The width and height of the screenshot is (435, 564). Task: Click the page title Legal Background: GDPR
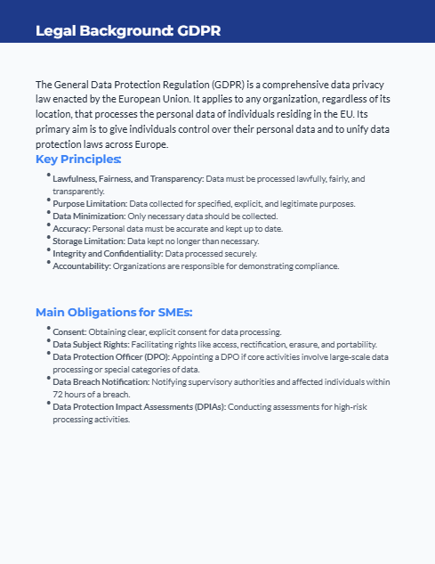coord(128,31)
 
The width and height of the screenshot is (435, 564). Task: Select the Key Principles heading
coord(78,159)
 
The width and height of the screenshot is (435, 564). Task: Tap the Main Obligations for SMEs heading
coord(114,313)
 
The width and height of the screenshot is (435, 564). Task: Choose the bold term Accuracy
coord(71,229)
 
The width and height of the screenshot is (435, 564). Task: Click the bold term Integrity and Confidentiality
coord(105,254)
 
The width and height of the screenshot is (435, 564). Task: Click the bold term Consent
coord(69,332)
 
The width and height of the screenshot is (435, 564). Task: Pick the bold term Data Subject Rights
coord(91,345)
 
